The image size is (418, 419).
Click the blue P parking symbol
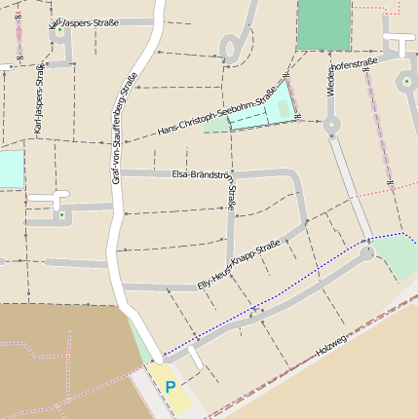(171, 387)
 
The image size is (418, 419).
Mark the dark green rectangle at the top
(323, 24)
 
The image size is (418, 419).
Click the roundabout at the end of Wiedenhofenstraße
(332, 124)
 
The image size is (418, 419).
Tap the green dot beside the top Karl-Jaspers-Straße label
(59, 30)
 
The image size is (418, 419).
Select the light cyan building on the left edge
(10, 170)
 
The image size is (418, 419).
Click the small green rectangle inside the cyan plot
(285, 107)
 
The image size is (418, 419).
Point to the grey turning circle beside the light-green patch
(366, 253)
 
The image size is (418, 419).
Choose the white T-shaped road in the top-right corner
(399, 43)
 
